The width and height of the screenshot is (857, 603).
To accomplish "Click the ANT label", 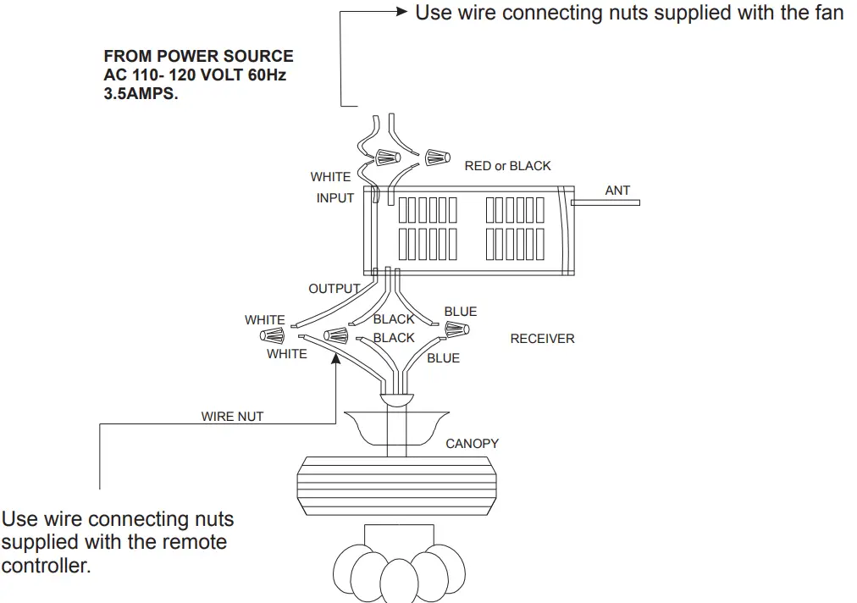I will [617, 191].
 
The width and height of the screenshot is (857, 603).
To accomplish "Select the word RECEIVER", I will [542, 339].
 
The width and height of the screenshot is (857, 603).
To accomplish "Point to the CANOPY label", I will [472, 443].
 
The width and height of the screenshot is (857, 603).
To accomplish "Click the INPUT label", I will [335, 198].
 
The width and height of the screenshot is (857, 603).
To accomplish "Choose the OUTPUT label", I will [334, 289].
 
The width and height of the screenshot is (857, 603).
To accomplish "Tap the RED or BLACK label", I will [507, 166].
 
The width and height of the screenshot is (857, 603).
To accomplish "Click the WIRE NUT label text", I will [232, 417].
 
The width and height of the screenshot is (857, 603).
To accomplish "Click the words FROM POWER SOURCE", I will [198, 57].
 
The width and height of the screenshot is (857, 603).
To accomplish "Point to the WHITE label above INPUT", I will [330, 177].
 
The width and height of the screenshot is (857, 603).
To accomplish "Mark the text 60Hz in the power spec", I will [265, 75].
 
